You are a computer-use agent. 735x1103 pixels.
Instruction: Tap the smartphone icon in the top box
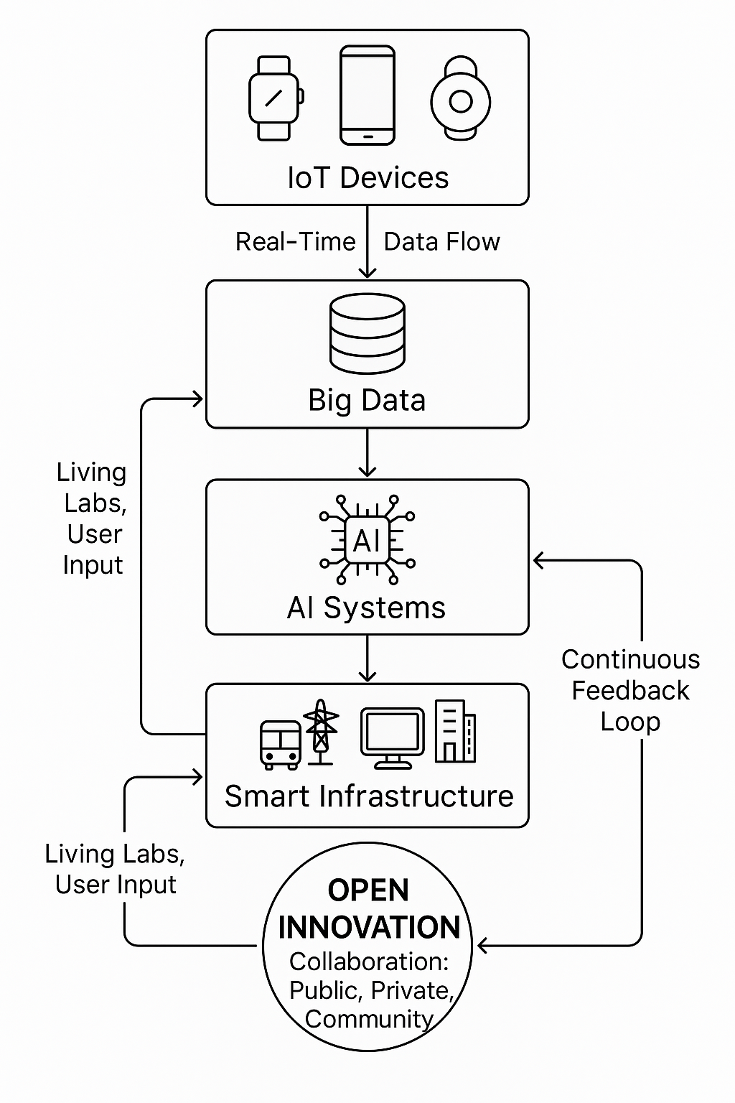pyautogui.click(x=367, y=95)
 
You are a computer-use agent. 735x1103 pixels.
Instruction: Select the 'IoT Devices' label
pyautogui.click(x=367, y=178)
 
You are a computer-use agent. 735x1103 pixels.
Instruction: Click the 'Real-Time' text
pyautogui.click(x=295, y=242)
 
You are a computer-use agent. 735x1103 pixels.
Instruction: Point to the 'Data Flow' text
pyautogui.click(x=441, y=242)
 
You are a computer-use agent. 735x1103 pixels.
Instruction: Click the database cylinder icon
pyautogui.click(x=367, y=333)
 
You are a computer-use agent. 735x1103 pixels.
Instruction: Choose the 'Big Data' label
pyautogui.click(x=367, y=400)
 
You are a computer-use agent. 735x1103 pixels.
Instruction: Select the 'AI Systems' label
pyautogui.click(x=366, y=608)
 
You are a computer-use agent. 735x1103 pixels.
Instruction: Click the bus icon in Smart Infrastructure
pyautogui.click(x=280, y=745)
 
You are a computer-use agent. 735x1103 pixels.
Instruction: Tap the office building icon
pyautogui.click(x=455, y=731)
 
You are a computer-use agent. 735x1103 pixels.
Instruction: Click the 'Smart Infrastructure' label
pyautogui.click(x=369, y=796)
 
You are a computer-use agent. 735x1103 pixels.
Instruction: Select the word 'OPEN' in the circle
pyautogui.click(x=368, y=890)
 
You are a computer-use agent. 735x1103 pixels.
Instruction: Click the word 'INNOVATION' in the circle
pyautogui.click(x=369, y=927)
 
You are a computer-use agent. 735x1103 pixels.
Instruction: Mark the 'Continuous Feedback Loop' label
pyautogui.click(x=630, y=690)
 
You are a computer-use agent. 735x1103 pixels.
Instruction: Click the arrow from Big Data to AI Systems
pyautogui.click(x=367, y=453)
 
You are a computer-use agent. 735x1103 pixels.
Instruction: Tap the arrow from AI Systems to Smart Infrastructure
pyautogui.click(x=367, y=658)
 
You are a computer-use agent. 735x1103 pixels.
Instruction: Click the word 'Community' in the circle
pyautogui.click(x=369, y=1019)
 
